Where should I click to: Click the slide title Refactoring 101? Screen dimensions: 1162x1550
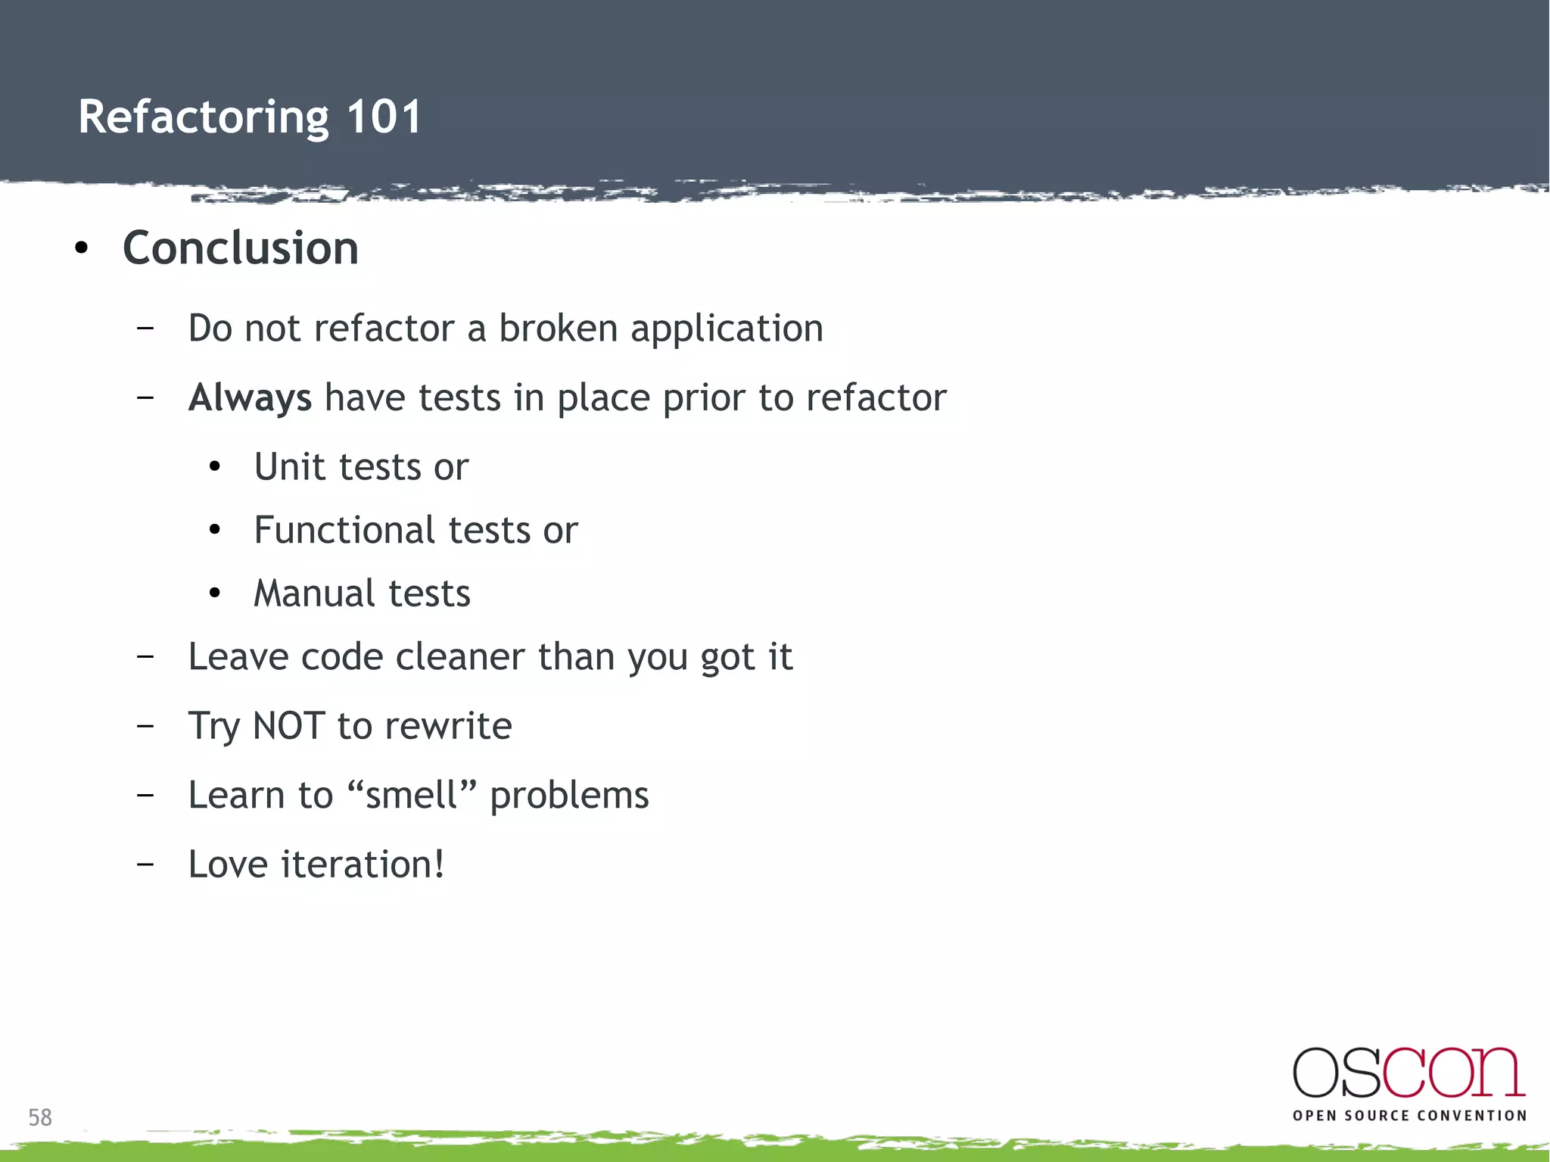click(250, 117)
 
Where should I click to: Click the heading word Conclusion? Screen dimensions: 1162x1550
click(241, 248)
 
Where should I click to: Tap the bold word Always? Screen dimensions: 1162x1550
click(250, 398)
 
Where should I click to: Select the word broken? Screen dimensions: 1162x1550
click(558, 329)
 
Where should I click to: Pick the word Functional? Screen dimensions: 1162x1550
click(344, 530)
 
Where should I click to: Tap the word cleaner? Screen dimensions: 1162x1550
click(459, 656)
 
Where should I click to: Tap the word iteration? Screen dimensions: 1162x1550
click(363, 864)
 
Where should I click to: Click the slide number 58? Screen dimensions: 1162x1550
click(40, 1117)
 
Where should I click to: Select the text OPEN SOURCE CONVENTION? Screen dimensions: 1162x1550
click(1409, 1116)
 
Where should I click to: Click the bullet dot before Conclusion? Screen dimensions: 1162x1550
click(82, 248)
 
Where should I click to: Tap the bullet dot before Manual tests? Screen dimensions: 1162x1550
click(215, 593)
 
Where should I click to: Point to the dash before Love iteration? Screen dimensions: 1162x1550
click(145, 864)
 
